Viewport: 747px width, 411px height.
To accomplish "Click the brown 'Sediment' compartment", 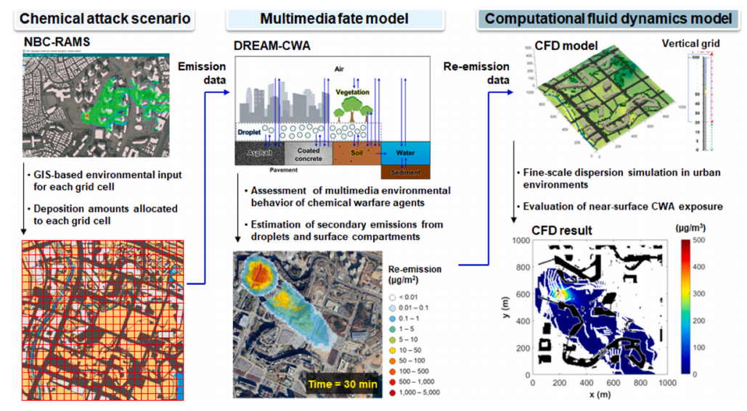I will click(404, 173).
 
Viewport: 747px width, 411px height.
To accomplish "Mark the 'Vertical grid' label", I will click(690, 44).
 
